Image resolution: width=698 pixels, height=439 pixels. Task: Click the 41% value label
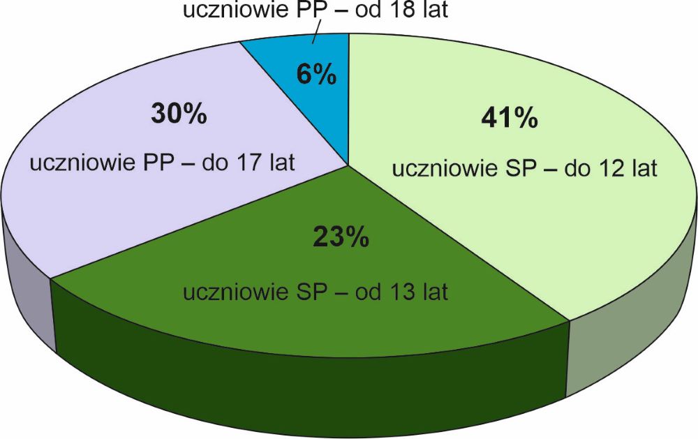tap(510, 117)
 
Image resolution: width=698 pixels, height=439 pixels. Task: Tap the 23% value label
tap(341, 237)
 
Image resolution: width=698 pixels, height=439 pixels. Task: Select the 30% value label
tap(179, 113)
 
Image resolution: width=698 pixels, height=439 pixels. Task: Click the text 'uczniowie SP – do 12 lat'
tap(524, 170)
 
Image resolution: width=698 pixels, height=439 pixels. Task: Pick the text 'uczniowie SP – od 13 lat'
tap(315, 291)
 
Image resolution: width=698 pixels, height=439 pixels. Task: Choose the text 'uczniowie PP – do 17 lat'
tap(162, 164)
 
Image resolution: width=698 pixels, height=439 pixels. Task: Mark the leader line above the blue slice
tap(315, 34)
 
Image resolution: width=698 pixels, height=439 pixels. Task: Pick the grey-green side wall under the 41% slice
tap(628, 328)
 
